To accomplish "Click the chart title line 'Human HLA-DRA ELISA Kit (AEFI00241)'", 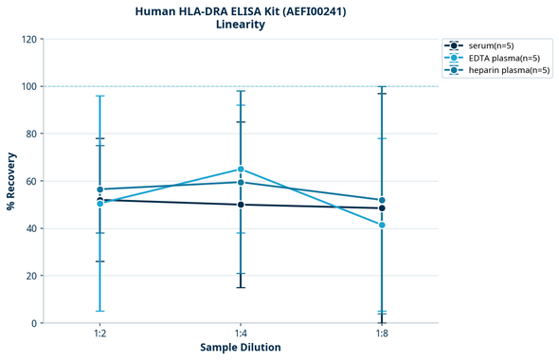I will point(241,10).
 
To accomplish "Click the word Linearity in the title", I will point(241,25).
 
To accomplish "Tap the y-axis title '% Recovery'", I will point(11,181).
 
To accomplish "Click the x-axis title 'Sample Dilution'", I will point(241,348).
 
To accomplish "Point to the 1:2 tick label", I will point(99,333).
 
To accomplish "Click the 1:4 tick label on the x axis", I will point(241,333).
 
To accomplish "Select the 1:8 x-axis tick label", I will point(382,333).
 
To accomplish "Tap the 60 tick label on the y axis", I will point(30,181).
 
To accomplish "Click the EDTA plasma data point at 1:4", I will point(241,170).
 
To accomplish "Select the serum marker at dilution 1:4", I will point(241,205).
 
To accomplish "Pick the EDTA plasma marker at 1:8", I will point(382,225).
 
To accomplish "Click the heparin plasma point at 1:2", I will point(99,189).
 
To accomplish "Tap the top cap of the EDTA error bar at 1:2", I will point(99,96).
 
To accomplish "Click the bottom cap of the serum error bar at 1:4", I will point(241,287).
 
